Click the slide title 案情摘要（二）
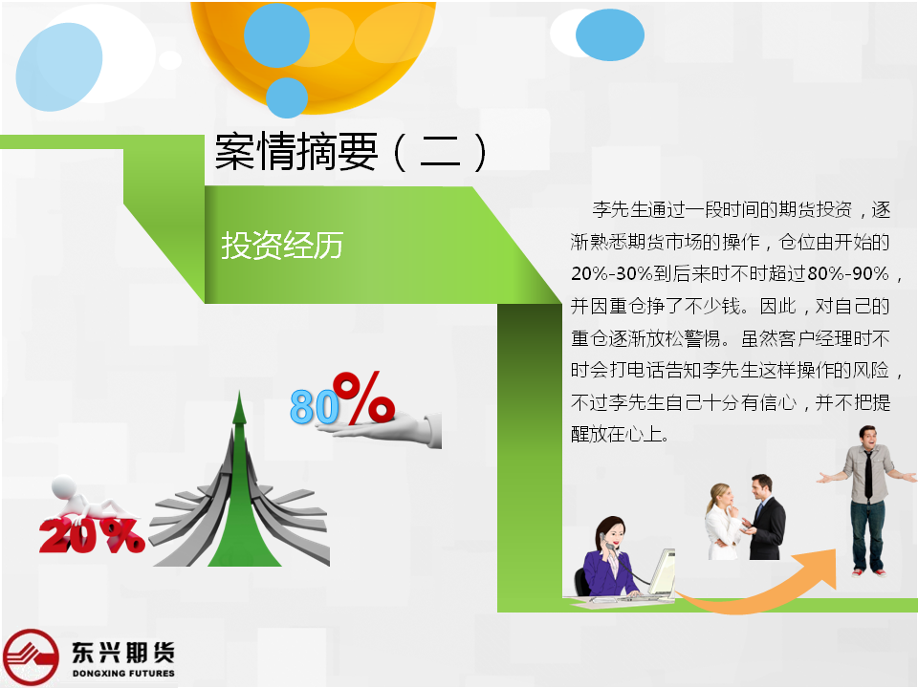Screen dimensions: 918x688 351,152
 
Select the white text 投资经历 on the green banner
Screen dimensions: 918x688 282,246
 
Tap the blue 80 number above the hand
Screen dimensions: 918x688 315,407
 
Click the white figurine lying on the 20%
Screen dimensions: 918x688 88,499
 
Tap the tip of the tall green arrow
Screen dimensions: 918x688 239,392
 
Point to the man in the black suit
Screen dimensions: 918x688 764,517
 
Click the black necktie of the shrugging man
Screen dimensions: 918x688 868,474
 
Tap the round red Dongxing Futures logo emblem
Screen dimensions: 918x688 31,657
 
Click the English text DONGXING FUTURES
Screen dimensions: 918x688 123,674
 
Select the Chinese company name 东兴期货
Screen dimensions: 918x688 123,653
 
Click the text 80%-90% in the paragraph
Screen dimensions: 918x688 848,273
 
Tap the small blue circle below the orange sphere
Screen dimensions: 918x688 287,97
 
